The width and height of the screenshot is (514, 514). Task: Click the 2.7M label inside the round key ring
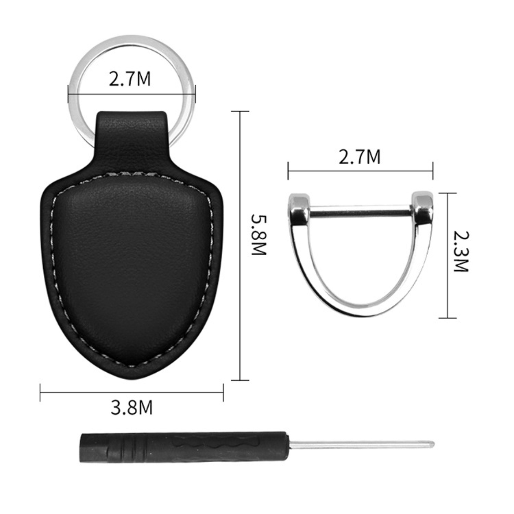coord(130,79)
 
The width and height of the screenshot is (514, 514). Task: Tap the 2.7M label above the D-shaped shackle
coord(359,157)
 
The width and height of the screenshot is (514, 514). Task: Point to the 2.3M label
coord(461,251)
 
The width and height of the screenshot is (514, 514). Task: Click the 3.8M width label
coord(131,408)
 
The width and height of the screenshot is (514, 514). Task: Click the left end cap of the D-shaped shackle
coord(299,208)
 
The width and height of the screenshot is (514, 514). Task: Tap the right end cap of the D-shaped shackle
coord(422,207)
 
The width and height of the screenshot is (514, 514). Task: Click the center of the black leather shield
coord(131,264)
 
